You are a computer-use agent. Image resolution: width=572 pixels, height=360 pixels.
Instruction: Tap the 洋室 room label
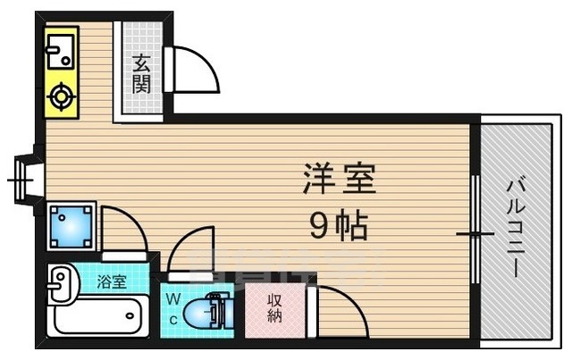point(340,179)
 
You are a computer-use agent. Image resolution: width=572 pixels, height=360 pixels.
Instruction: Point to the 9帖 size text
point(338,226)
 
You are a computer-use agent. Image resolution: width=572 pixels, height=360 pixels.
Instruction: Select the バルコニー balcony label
point(516,229)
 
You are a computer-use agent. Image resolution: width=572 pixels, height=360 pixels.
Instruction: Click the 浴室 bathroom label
point(112,281)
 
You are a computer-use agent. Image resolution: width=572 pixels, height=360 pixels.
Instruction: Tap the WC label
point(173,309)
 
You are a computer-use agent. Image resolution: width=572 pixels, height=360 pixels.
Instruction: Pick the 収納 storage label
point(274,308)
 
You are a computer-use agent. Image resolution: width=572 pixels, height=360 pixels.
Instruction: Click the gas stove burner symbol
point(61,96)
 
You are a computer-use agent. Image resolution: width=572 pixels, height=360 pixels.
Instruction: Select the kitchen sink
point(61,52)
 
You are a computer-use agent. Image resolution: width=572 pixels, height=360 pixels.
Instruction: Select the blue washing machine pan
point(71,226)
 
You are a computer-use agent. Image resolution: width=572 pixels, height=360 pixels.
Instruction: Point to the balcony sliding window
point(475,230)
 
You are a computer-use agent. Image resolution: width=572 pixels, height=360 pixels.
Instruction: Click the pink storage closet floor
point(274,310)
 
